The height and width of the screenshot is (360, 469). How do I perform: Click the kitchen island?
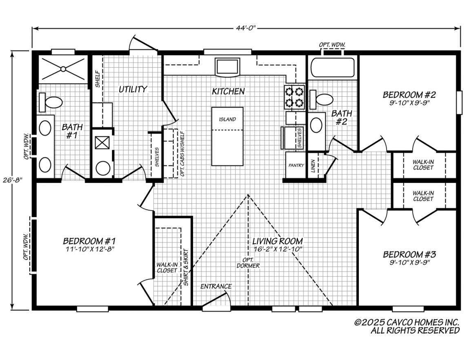point(227,136)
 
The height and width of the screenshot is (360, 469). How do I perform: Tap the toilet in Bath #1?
point(51,102)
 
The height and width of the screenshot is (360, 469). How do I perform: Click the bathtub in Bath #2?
point(332,68)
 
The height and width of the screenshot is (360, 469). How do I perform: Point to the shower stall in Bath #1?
point(63,69)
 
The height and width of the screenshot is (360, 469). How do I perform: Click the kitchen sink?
point(227,67)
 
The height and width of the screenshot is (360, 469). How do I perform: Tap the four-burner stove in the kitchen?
point(295,97)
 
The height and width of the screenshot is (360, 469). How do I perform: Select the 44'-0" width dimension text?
point(245,28)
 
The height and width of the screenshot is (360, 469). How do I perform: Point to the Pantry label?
point(296,166)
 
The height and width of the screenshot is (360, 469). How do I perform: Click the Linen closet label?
point(313,166)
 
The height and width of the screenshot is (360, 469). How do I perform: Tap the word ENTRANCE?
point(216,287)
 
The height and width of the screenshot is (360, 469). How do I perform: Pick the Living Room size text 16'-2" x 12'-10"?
point(277,249)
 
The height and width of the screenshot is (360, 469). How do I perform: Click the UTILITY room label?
point(133,89)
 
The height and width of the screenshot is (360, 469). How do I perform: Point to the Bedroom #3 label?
point(409,255)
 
